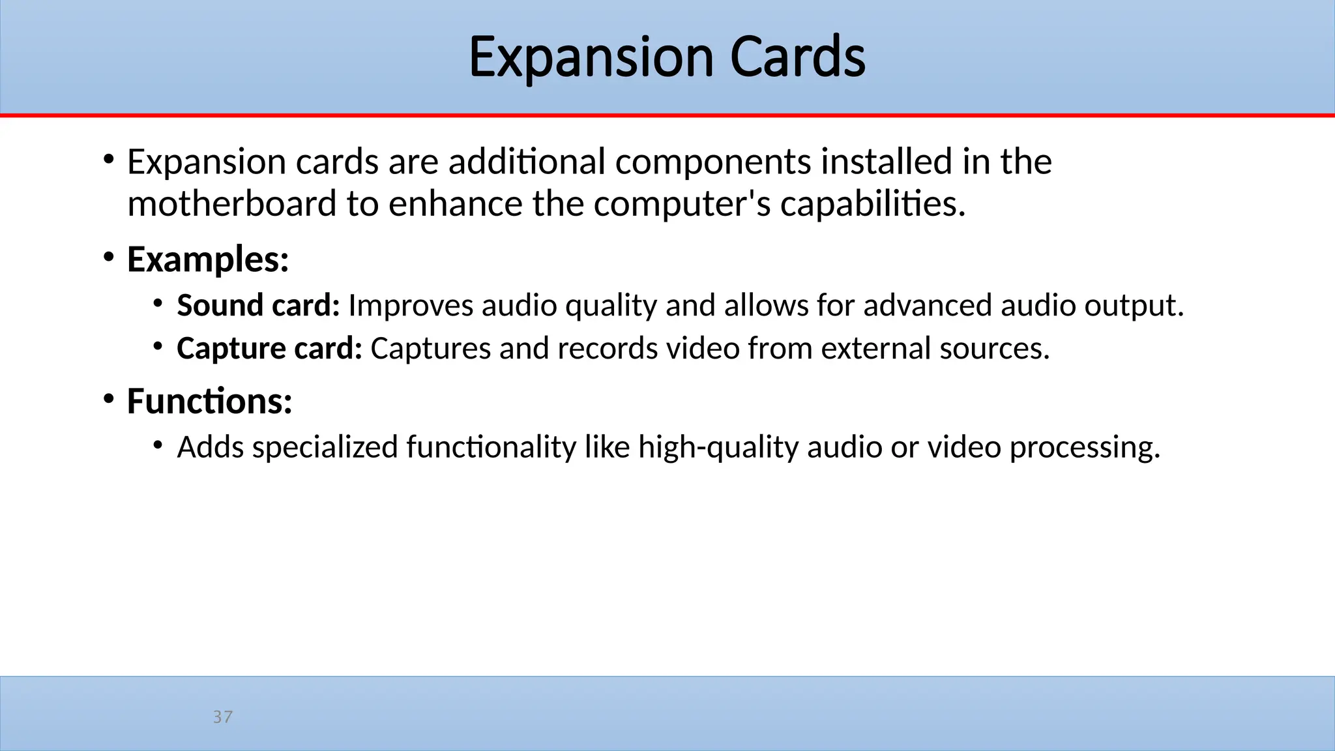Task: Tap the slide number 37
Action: (x=222, y=717)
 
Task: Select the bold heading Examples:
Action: (x=208, y=259)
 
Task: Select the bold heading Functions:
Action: (x=209, y=401)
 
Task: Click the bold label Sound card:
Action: (x=258, y=305)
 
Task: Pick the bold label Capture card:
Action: (x=269, y=348)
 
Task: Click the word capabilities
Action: (x=872, y=204)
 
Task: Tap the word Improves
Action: (x=411, y=305)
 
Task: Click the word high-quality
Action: (x=718, y=447)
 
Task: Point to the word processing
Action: (x=1085, y=447)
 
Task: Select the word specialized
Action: (x=325, y=447)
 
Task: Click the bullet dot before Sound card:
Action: (x=157, y=303)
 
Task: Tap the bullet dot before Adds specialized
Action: (x=157, y=445)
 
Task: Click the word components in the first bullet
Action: (x=713, y=162)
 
